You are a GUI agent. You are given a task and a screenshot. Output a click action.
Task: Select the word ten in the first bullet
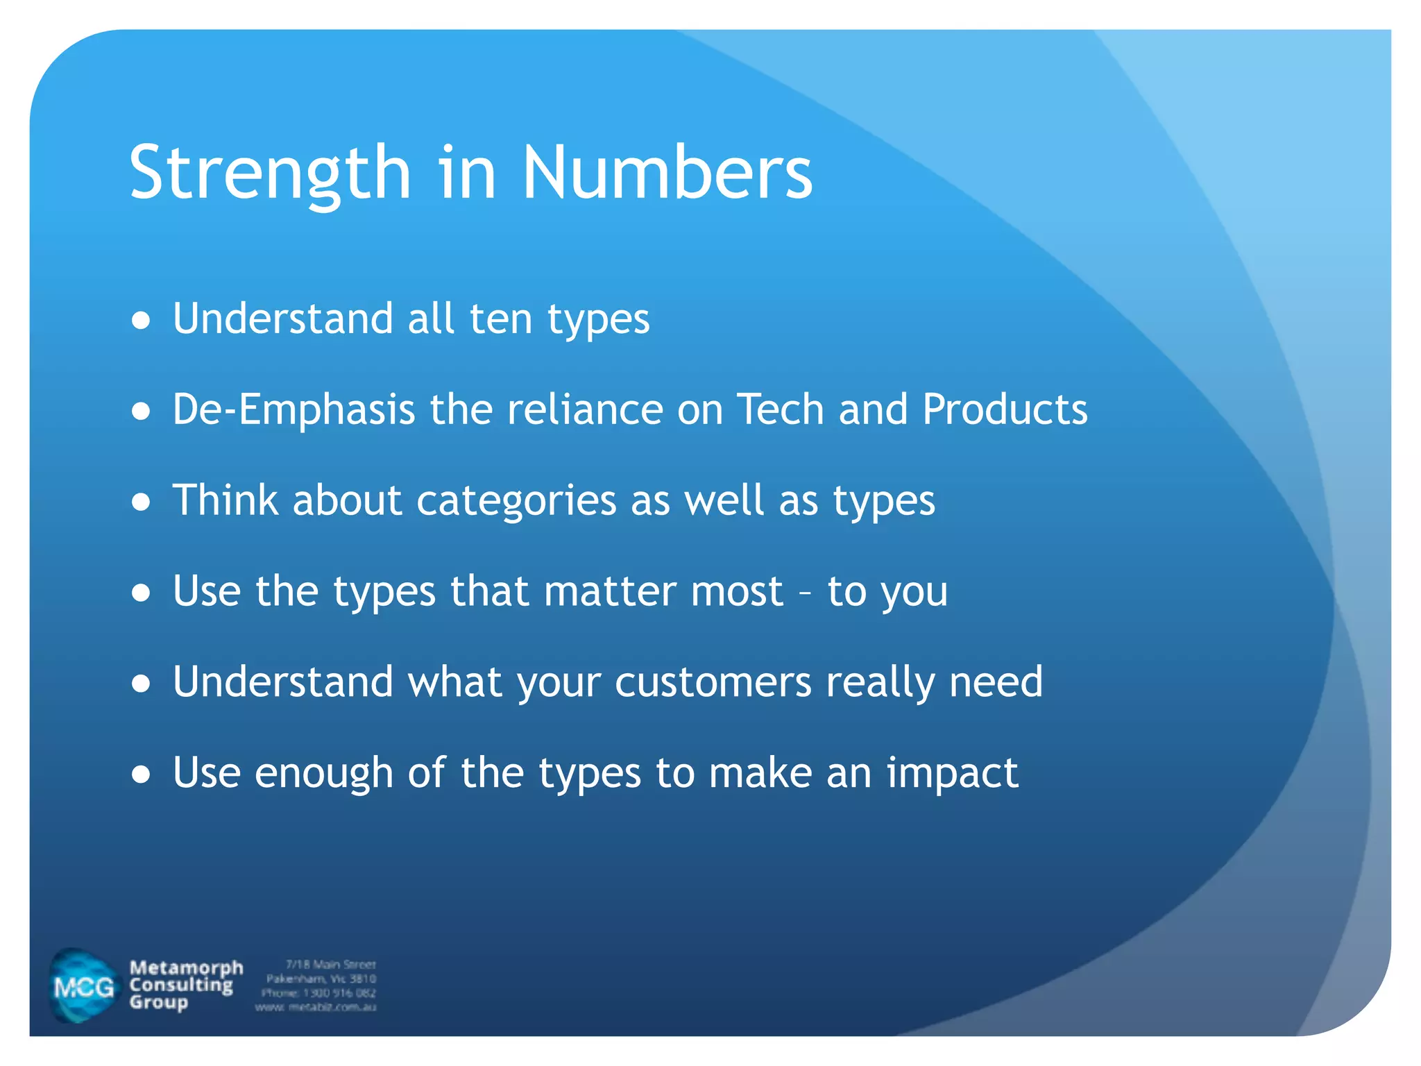(500, 319)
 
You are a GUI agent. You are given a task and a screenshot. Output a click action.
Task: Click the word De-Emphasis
(293, 409)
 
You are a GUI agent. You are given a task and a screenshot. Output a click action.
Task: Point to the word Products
(1005, 409)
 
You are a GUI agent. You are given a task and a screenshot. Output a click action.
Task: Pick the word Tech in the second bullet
(780, 409)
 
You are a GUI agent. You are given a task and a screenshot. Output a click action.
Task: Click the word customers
(713, 682)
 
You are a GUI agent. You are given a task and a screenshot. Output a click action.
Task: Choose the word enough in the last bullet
(323, 774)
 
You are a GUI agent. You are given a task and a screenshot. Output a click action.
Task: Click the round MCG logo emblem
(83, 986)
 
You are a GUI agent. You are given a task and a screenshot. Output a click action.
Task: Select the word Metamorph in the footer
(186, 967)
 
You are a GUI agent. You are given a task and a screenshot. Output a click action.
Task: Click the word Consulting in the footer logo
(181, 985)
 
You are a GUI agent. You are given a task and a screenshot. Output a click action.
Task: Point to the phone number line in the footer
(318, 993)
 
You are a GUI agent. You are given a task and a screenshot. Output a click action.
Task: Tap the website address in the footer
(316, 1007)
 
